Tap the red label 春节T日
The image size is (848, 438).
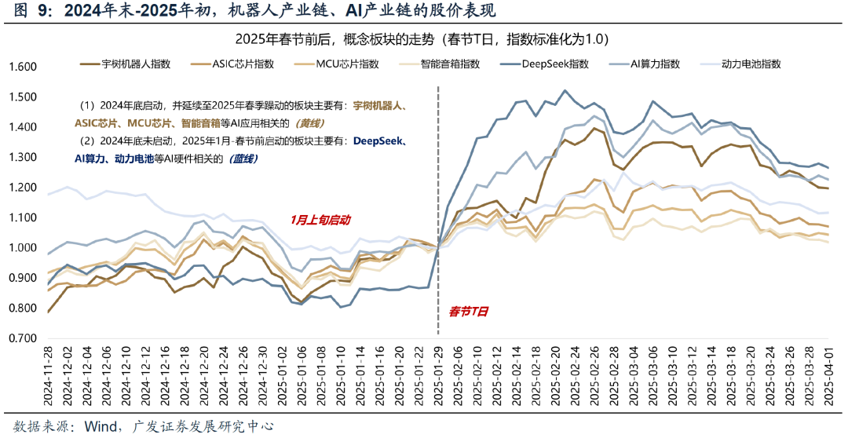pos(468,312)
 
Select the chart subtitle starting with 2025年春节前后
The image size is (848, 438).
pos(422,39)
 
